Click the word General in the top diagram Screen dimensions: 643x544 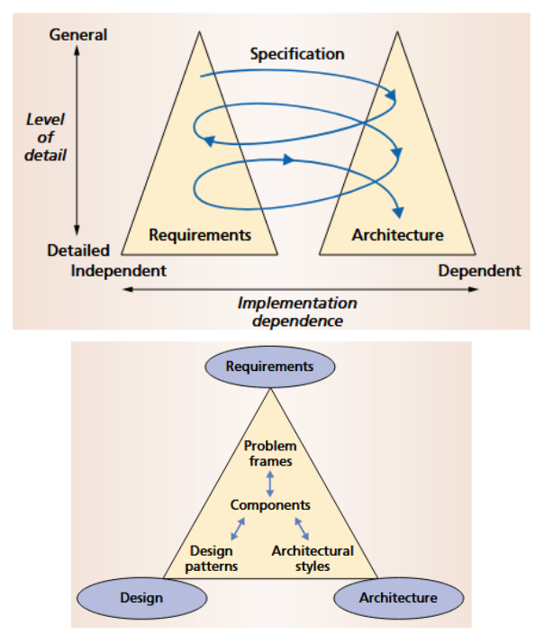click(x=78, y=35)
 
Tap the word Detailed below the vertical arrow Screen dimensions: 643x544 click(x=78, y=250)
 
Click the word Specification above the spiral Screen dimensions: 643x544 click(x=296, y=54)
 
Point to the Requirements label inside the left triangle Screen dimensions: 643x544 click(x=199, y=235)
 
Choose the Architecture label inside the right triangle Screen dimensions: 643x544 click(x=397, y=235)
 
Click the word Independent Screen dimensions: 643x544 click(x=120, y=270)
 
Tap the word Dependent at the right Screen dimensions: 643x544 click(x=479, y=270)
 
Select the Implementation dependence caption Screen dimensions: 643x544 click(x=297, y=312)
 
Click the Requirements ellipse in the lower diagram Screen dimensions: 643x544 click(x=270, y=367)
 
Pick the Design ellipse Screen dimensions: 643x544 click(x=141, y=597)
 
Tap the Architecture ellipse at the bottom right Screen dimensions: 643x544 click(x=398, y=597)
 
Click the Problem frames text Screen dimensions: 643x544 click(x=270, y=453)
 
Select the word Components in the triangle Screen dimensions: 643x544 click(x=270, y=505)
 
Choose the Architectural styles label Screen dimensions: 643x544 click(x=313, y=558)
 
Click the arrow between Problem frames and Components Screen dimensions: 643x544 click(x=270, y=480)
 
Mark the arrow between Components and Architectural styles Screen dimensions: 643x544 click(x=301, y=528)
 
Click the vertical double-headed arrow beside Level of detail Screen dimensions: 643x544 click(x=77, y=140)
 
